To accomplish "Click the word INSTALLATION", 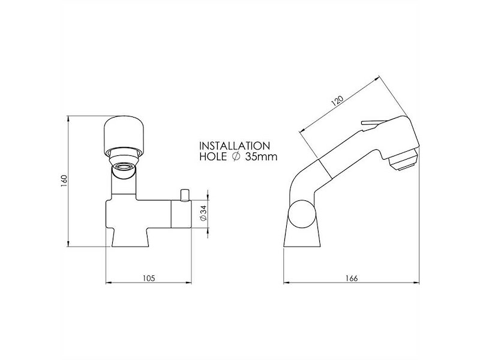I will (233, 146).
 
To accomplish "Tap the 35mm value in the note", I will (260, 158).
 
